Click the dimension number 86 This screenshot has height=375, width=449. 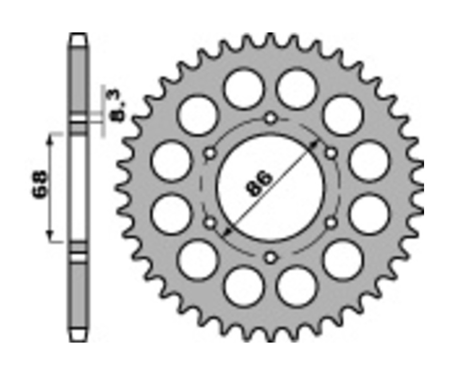(258, 184)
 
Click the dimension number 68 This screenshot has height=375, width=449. (39, 184)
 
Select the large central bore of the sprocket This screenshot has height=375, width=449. (270, 187)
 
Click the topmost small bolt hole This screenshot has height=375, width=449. (270, 118)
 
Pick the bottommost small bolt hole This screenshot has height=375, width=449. (270, 257)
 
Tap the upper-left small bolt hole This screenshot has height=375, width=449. (210, 153)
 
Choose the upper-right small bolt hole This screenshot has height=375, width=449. (331, 153)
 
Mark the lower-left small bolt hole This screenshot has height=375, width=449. (210, 222)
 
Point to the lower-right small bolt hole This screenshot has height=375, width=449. (331, 222)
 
